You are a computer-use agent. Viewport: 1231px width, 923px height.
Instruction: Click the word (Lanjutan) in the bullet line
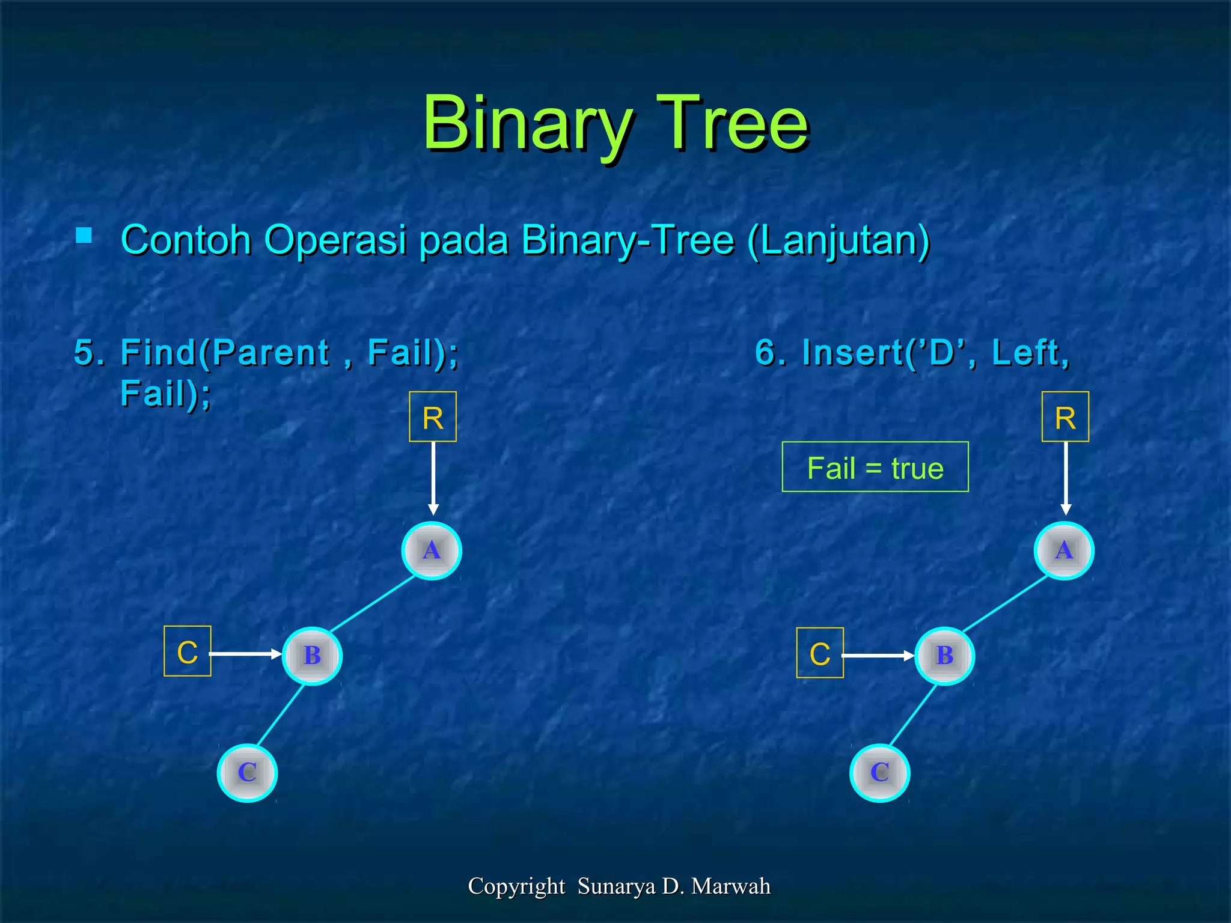click(x=838, y=240)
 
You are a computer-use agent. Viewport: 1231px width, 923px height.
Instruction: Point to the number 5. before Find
click(x=89, y=352)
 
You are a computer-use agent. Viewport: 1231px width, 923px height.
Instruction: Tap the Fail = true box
click(x=875, y=468)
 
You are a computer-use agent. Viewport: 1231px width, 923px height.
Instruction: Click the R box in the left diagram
click(x=433, y=417)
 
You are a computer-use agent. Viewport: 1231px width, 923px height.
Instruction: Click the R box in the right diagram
click(x=1065, y=417)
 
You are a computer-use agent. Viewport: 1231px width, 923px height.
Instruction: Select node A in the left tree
click(x=432, y=550)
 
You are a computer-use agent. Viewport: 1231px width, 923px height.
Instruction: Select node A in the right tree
click(x=1064, y=550)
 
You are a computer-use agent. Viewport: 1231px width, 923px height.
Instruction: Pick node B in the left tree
click(x=312, y=656)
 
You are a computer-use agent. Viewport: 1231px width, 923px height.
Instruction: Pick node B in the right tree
click(x=944, y=656)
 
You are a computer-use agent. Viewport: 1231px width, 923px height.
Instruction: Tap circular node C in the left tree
click(x=247, y=772)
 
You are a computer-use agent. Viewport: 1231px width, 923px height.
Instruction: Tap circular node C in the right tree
click(x=879, y=772)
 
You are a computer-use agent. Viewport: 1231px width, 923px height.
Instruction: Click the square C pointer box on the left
click(x=188, y=651)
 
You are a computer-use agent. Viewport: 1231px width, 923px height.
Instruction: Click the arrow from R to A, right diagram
click(x=1066, y=478)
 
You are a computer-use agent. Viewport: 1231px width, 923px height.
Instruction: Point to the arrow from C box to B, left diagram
click(x=245, y=654)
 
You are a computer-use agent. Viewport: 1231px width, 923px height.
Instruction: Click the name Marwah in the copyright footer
click(x=730, y=886)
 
